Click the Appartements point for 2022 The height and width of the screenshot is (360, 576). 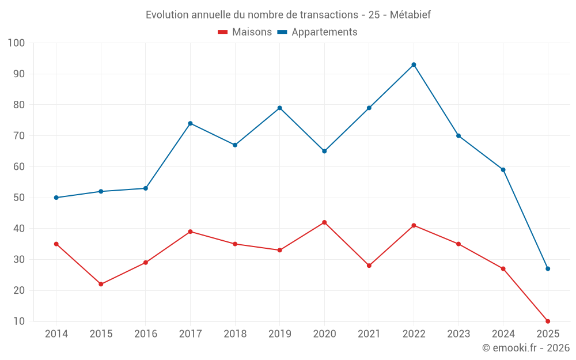click(414, 65)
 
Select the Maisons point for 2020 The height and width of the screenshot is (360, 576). click(324, 222)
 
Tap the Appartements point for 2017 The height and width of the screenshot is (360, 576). click(190, 123)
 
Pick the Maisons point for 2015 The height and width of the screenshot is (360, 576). click(101, 284)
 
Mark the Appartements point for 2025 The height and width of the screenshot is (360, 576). click(548, 268)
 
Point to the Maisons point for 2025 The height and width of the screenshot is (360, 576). click(548, 321)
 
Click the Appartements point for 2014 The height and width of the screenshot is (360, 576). click(56, 198)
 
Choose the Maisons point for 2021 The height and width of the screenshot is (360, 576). click(369, 266)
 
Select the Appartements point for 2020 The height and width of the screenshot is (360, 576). click(324, 151)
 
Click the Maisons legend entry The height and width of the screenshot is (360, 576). click(245, 32)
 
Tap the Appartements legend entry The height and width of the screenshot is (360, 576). click(317, 32)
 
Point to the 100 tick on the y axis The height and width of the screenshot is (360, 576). click(17, 43)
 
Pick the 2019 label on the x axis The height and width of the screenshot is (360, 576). click(280, 334)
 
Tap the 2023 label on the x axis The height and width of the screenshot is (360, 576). click(458, 334)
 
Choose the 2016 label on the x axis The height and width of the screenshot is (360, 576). click(146, 334)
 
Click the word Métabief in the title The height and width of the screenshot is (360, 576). click(410, 15)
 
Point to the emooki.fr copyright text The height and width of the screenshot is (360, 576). click(526, 348)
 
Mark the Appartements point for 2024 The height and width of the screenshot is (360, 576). click(503, 170)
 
